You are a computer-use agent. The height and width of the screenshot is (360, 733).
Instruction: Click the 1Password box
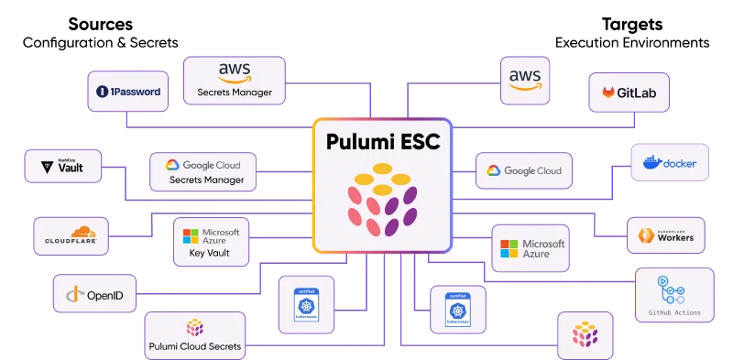tap(128, 92)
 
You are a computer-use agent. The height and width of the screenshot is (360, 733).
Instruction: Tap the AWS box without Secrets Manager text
tap(525, 80)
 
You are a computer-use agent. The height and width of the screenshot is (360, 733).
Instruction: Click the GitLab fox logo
tap(608, 93)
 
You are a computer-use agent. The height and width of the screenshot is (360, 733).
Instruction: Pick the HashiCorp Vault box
tap(62, 168)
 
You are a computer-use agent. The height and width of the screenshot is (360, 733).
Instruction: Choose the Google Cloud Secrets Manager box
tap(202, 172)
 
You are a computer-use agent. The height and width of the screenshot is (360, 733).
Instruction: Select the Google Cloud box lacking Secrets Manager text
tap(523, 170)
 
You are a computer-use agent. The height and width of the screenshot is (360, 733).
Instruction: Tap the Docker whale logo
tap(651, 163)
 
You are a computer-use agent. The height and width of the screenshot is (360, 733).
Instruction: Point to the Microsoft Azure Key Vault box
tap(212, 243)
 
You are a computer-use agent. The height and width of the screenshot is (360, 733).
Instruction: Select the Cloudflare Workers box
tap(665, 235)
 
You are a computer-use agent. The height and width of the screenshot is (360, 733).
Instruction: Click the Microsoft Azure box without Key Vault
tap(531, 248)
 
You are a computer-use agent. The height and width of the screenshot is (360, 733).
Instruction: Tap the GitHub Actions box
tap(673, 294)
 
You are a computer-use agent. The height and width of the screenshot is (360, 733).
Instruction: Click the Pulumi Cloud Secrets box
tap(194, 334)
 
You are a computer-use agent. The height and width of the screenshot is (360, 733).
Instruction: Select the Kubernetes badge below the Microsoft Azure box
tap(455, 309)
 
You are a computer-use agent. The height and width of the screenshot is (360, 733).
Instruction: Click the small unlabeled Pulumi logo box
tap(584, 333)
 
